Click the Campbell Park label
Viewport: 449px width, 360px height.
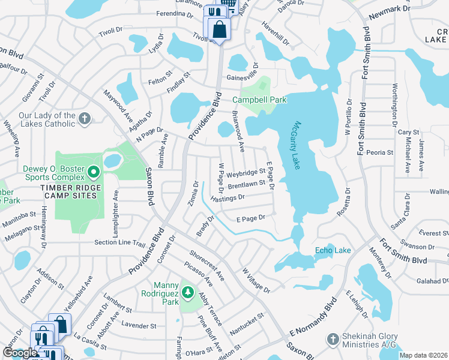click(259, 100)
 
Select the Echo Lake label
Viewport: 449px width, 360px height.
click(333, 250)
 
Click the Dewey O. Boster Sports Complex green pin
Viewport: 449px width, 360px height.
click(93, 173)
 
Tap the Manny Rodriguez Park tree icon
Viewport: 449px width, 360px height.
click(188, 292)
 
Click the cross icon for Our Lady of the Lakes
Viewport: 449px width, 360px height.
click(85, 119)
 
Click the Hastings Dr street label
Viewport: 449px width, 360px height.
click(228, 197)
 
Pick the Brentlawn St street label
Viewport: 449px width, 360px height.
click(246, 185)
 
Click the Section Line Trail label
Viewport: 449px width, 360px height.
click(120, 243)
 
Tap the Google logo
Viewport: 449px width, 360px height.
click(20, 353)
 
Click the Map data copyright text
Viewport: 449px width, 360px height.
click(423, 355)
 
